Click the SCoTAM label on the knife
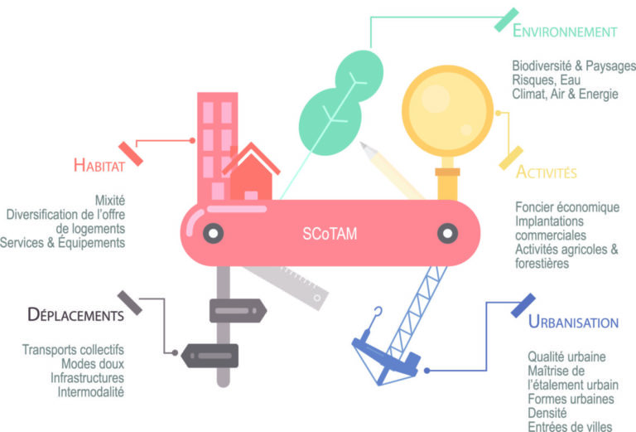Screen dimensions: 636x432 click(330, 234)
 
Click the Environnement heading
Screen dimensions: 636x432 click(565, 31)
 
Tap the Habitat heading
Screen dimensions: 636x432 click(99, 165)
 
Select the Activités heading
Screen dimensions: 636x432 click(546, 172)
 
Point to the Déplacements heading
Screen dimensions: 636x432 click(76, 314)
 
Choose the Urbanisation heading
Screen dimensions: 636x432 click(573, 322)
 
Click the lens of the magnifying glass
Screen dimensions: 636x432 click(447, 111)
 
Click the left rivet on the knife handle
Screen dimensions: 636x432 click(214, 234)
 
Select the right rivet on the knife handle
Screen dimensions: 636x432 click(448, 234)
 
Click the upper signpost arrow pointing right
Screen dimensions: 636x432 click(238, 311)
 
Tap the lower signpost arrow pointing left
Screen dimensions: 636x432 click(210, 356)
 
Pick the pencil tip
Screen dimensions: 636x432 click(363, 145)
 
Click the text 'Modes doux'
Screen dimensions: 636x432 click(93, 364)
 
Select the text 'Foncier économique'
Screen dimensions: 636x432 click(567, 207)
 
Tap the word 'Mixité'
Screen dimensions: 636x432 click(110, 200)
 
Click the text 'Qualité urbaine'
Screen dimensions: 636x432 click(566, 357)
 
